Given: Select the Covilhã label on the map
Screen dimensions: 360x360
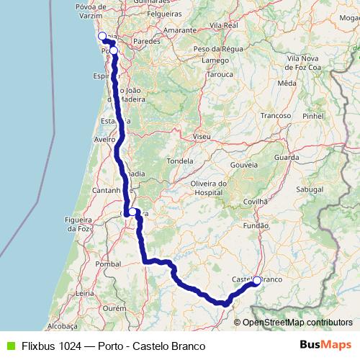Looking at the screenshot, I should tap(258, 202).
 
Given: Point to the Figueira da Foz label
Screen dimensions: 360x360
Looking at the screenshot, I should tap(80, 223).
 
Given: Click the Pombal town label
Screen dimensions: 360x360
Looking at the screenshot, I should tap(108, 264).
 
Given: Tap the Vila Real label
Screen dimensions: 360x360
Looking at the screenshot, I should tap(223, 25).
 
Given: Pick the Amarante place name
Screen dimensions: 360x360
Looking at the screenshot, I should tap(179, 30).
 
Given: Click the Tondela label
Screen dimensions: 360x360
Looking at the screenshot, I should tap(180, 161).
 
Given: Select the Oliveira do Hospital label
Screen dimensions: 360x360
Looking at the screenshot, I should tap(209, 188).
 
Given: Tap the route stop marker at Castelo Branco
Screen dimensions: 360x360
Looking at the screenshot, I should tap(257, 281).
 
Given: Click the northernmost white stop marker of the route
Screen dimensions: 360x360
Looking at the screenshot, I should tap(102, 36).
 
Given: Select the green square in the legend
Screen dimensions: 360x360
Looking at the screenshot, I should tap(9, 346).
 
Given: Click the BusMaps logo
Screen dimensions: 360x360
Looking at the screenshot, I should tap(325, 346).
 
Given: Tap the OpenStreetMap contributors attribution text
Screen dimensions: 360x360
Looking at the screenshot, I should tap(297, 322).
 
